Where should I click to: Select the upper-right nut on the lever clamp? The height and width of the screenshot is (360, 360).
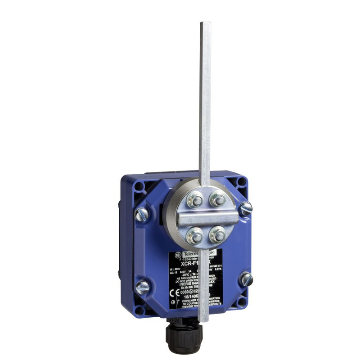218,198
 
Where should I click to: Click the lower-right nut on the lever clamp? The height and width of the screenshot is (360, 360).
219,234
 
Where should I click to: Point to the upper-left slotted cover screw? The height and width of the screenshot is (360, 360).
143,214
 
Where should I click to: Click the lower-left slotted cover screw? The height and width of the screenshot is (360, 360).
142,286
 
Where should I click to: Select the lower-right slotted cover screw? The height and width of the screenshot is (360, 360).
246,279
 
